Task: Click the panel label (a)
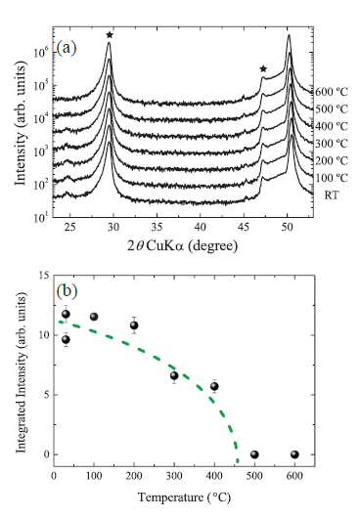(x=71, y=46)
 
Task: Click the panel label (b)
(x=70, y=291)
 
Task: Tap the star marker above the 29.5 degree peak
(x=110, y=35)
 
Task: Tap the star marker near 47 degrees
(x=263, y=68)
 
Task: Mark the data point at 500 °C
(x=254, y=454)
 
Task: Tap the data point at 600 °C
(x=294, y=454)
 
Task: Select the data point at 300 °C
(x=174, y=376)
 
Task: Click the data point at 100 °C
(x=94, y=317)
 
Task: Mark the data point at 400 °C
(x=214, y=387)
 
